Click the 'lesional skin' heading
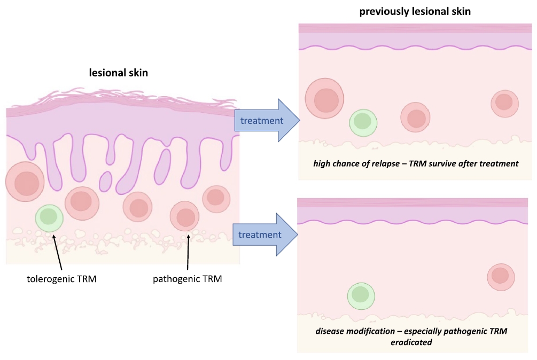pyautogui.click(x=118, y=73)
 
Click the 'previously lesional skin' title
pyautogui.click(x=415, y=11)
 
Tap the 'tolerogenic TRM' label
pyautogui.click(x=61, y=279)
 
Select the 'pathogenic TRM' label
pyautogui.click(x=187, y=279)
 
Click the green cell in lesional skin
pyautogui.click(x=49, y=217)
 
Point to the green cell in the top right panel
pyautogui.click(x=363, y=122)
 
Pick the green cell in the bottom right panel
pyautogui.click(x=361, y=295)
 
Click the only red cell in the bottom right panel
pyautogui.click(x=501, y=276)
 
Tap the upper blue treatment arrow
pyautogui.click(x=264, y=120)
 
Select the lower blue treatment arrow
pyautogui.click(x=263, y=235)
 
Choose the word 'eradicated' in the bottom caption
pyautogui.click(x=411, y=342)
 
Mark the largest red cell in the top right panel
pyautogui.click(x=325, y=99)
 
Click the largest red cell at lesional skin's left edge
pyautogui.click(x=24, y=182)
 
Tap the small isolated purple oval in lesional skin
pyautogui.click(x=106, y=181)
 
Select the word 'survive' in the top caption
pyautogui.click(x=445, y=164)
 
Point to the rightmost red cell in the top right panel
pyautogui.click(x=504, y=103)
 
